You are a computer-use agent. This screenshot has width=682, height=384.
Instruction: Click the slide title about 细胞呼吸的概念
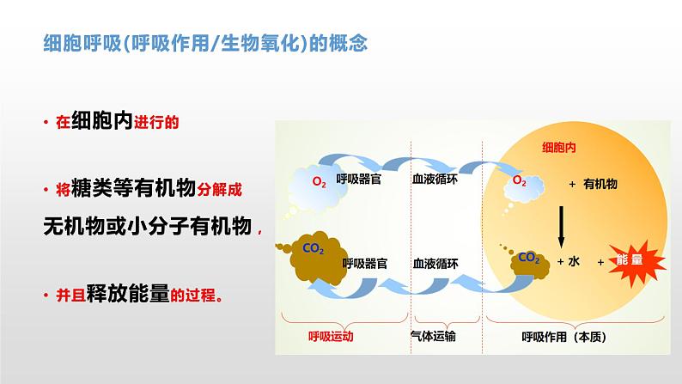206,43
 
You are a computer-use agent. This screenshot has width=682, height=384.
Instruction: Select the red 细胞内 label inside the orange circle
557,148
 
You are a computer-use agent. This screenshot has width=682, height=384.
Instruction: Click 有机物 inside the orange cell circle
600,184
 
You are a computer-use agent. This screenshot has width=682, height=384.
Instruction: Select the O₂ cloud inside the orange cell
521,181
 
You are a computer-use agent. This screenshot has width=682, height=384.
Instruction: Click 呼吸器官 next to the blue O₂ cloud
359,180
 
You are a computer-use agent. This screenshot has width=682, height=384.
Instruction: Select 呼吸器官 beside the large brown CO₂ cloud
364,263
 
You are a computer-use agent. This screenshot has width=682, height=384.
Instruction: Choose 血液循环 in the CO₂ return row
435,263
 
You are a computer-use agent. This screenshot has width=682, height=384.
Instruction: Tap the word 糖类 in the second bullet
94,188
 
